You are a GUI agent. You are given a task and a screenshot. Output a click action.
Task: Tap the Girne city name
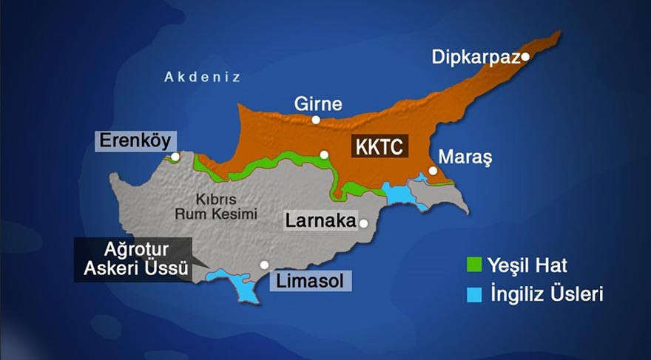pos(318,103)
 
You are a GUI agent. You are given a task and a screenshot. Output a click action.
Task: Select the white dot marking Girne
pos(316,120)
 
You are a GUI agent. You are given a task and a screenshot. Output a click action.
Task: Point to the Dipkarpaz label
pos(476,58)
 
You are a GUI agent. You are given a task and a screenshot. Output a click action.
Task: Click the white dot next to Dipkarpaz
pos(524,56)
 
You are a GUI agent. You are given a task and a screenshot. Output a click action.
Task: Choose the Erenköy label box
pos(133,140)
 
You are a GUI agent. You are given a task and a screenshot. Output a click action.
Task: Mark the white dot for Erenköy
pos(175,157)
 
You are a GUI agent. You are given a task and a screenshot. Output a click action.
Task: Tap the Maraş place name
pos(465,157)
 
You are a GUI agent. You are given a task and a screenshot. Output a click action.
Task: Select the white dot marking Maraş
pos(433,170)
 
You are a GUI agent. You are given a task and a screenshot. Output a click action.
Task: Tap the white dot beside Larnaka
pos(363,222)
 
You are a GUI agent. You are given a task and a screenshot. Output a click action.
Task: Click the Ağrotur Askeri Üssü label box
pos(132,259)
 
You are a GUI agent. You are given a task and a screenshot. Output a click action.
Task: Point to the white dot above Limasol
pos(264,265)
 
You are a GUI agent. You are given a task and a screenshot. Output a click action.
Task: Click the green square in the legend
pos(474,265)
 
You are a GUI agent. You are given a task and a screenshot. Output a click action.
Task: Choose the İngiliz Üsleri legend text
pos(546,295)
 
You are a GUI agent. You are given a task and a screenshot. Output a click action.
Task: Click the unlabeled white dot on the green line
pos(324,154)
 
